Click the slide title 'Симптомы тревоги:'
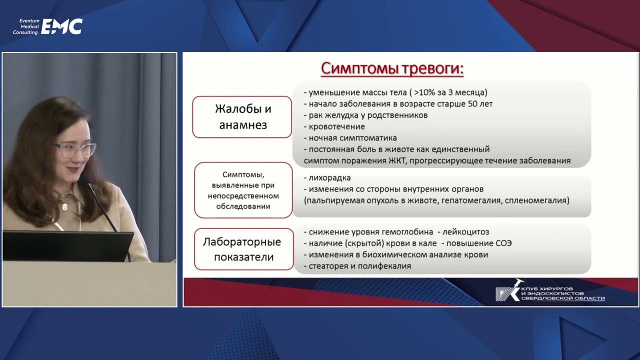pyautogui.click(x=392, y=68)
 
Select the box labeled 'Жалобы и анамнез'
pyautogui.click(x=242, y=117)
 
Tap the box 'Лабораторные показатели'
pyautogui.click(x=242, y=249)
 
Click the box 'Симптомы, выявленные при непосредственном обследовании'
pyautogui.click(x=243, y=190)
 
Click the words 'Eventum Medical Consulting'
pyautogui.click(x=25, y=26)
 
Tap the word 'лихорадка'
pyautogui.click(x=329, y=178)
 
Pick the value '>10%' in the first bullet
pyautogui.click(x=423, y=92)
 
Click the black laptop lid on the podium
pyautogui.click(x=67, y=245)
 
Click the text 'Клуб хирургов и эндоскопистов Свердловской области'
pyautogui.click(x=562, y=293)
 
